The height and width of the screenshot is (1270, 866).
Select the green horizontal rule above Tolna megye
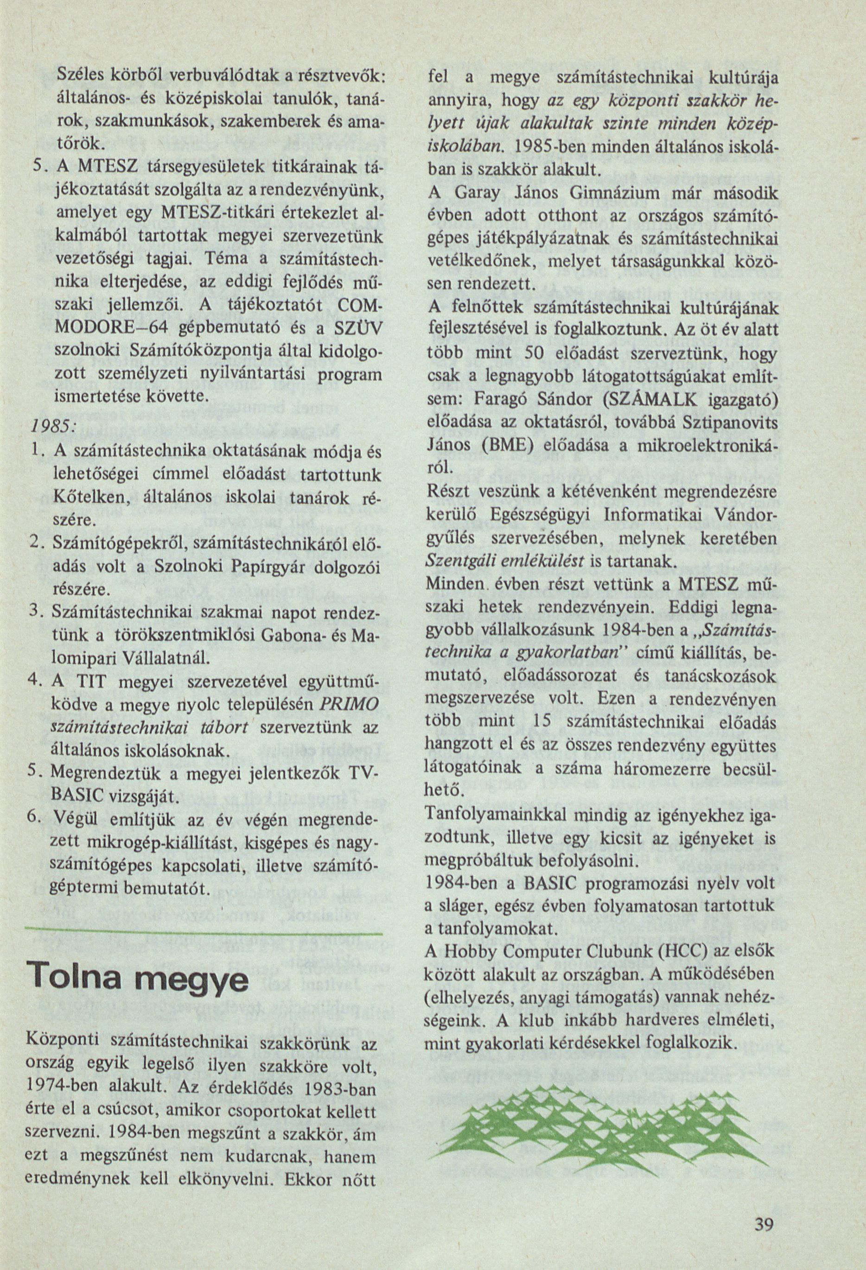click(205, 932)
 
